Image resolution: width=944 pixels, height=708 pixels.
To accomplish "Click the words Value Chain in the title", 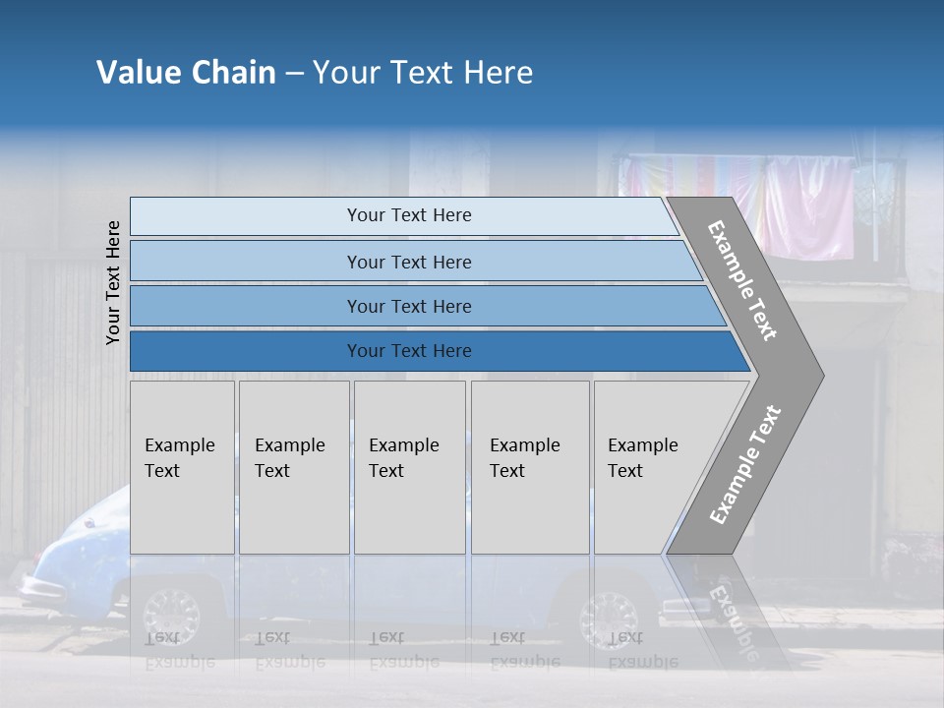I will coord(186,73).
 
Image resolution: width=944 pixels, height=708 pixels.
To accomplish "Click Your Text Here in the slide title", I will coord(423,73).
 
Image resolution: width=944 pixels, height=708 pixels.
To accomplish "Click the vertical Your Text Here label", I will coord(113,282).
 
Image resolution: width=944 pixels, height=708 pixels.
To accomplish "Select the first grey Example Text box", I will coord(182,467).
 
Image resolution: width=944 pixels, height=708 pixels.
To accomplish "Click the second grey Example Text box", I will coord(293,467).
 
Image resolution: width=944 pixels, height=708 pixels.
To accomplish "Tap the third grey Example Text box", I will coord(408,467).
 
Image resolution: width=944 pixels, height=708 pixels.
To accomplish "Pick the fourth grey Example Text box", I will coord(529,467).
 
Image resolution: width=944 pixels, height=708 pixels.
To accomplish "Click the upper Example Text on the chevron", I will coord(742,280).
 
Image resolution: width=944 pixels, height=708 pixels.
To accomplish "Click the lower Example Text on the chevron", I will coord(744,465).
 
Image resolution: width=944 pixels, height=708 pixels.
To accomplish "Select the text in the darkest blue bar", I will coord(409,351).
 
